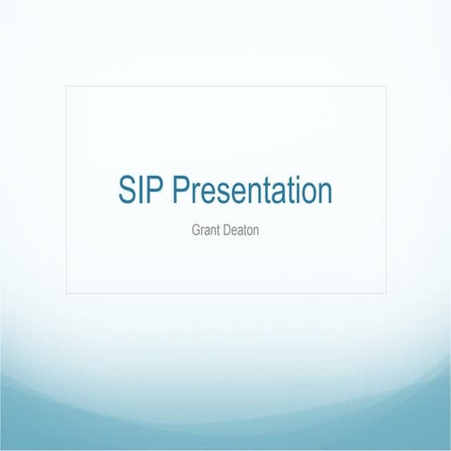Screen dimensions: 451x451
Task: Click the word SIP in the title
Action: pyautogui.click(x=140, y=191)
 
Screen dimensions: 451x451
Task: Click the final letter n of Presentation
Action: pyautogui.click(x=324, y=194)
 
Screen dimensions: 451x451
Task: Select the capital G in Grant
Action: pyautogui.click(x=194, y=227)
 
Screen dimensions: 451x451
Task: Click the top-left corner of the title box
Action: pyautogui.click(x=67, y=86)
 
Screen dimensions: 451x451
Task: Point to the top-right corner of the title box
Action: pyautogui.click(x=385, y=86)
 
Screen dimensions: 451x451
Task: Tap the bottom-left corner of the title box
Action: pyautogui.click(x=67, y=293)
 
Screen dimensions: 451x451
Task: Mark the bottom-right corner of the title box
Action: pyautogui.click(x=385, y=293)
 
